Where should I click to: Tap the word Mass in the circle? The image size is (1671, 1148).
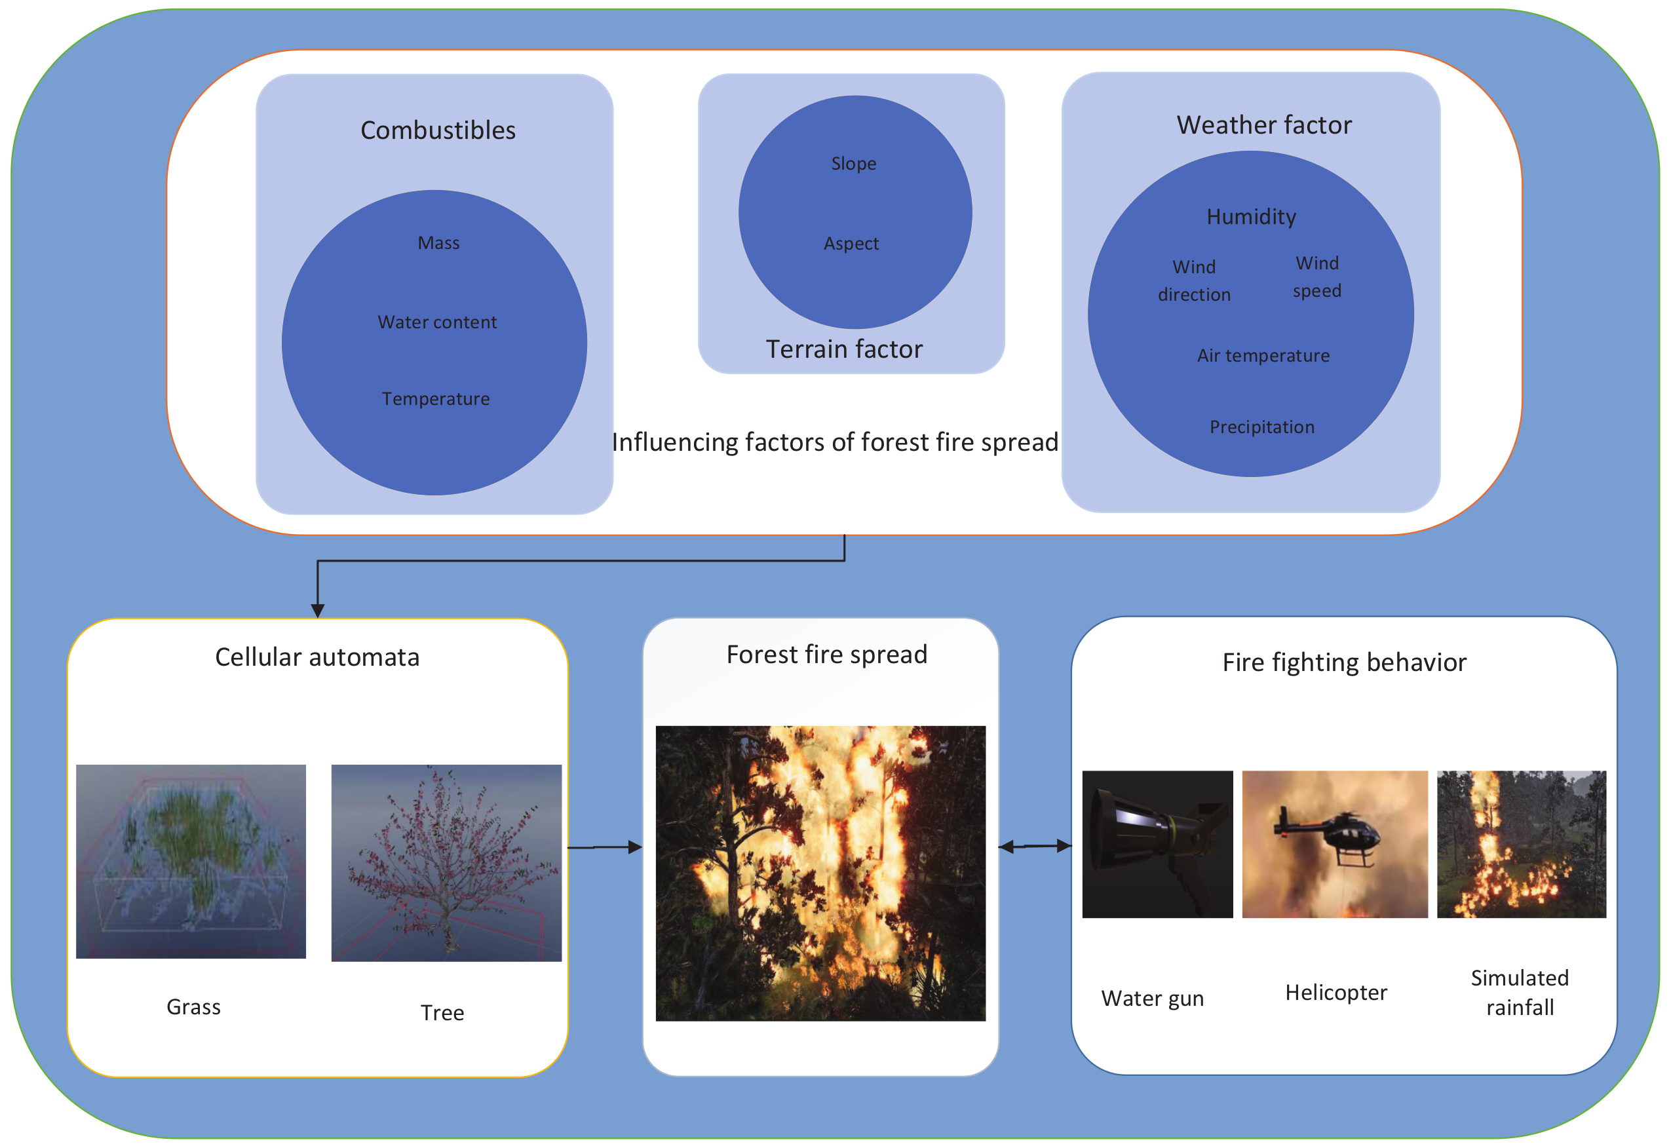point(438,243)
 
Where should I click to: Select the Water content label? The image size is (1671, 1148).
point(436,322)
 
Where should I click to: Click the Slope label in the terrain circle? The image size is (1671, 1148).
point(853,164)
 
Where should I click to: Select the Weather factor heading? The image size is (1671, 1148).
point(1263,125)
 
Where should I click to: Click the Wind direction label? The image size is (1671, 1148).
point(1193,280)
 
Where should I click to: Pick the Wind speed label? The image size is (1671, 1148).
point(1316,277)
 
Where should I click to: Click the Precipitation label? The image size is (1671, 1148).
point(1261,427)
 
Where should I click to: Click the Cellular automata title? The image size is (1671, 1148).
point(317,657)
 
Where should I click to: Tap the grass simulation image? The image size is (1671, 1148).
point(191,861)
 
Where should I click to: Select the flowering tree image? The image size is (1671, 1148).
point(446,862)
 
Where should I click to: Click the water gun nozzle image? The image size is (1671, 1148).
point(1156,844)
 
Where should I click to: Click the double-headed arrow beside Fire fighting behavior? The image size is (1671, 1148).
point(1035,847)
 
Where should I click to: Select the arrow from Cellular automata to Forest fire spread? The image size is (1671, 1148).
point(604,847)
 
